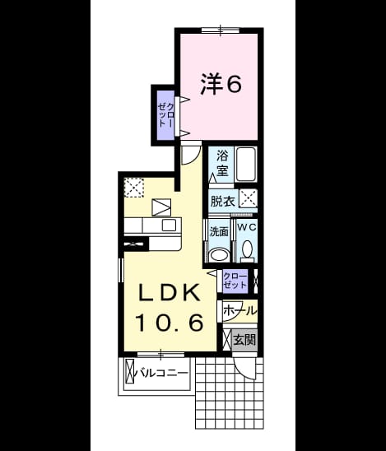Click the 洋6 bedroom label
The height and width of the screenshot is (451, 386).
click(x=221, y=84)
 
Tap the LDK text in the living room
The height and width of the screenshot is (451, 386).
click(x=170, y=292)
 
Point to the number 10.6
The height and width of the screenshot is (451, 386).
click(x=170, y=323)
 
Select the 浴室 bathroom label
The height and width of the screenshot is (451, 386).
click(x=222, y=163)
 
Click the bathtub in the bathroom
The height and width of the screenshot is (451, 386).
click(x=246, y=165)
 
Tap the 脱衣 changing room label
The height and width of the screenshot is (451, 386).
click(x=223, y=201)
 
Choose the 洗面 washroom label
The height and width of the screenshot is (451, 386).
click(x=219, y=231)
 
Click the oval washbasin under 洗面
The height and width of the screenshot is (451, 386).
click(x=219, y=255)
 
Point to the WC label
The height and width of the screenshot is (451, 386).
click(x=247, y=227)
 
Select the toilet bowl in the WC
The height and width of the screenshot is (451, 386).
click(x=247, y=249)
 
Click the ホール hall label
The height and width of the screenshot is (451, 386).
click(x=240, y=310)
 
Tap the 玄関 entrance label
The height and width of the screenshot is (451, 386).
click(x=244, y=340)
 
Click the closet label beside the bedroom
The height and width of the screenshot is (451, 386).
click(x=166, y=115)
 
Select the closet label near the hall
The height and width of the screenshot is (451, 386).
click(x=235, y=281)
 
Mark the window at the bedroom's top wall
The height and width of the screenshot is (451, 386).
click(x=221, y=30)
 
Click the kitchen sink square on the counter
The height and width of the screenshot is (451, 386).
click(x=169, y=225)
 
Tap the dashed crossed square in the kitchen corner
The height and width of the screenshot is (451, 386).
click(x=134, y=188)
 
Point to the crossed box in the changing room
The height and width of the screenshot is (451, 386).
click(x=249, y=198)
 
